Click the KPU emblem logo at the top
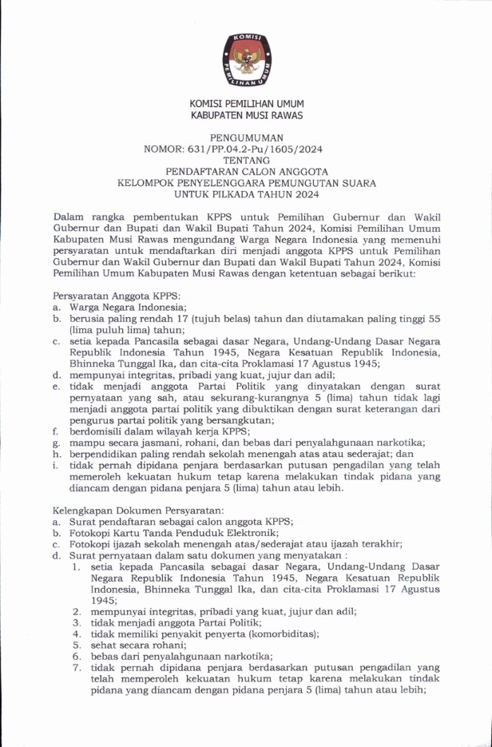(x=246, y=59)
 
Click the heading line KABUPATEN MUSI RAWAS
(x=246, y=116)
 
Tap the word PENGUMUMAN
(x=245, y=137)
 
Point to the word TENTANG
(x=246, y=160)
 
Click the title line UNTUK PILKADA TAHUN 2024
(x=246, y=193)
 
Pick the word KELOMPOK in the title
(x=142, y=182)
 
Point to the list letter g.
(x=56, y=441)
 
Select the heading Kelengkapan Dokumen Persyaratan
(x=131, y=508)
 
